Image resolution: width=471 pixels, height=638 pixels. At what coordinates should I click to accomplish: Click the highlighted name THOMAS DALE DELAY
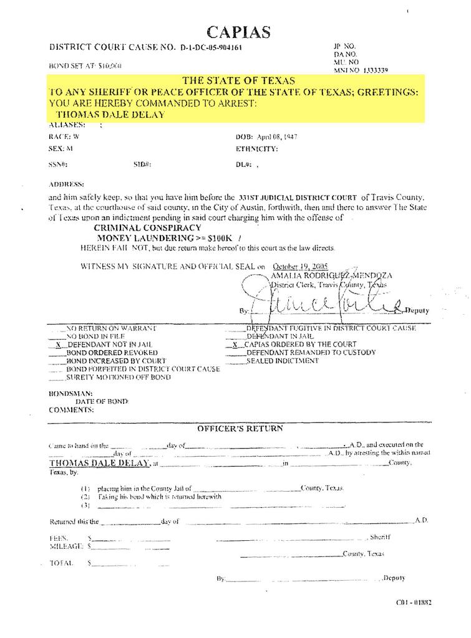pos(110,115)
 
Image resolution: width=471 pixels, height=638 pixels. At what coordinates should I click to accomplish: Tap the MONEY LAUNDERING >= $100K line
pos(160,238)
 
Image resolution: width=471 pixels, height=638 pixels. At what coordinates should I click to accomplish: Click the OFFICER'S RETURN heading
pos(240,429)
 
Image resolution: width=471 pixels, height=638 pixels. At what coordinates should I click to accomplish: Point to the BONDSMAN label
pos(70,394)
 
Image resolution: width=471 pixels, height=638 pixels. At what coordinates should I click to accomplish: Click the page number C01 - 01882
pos(414,602)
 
